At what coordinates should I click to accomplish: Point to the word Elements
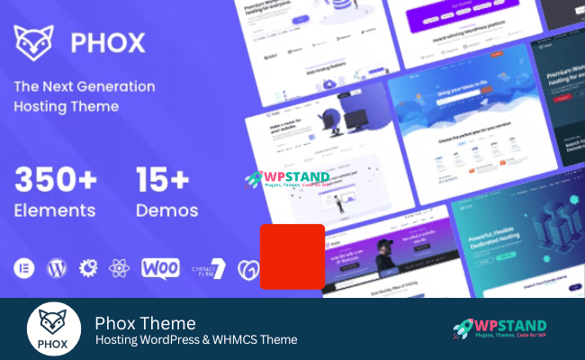point(55,211)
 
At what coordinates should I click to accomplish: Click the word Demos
point(166,211)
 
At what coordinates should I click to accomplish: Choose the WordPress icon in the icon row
point(57,268)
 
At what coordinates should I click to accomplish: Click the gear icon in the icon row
point(88,268)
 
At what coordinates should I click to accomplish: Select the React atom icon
point(118,268)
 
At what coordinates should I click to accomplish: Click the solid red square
point(292,256)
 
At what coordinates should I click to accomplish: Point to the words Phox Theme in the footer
point(145,322)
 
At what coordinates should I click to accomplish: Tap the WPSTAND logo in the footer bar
point(499,329)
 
